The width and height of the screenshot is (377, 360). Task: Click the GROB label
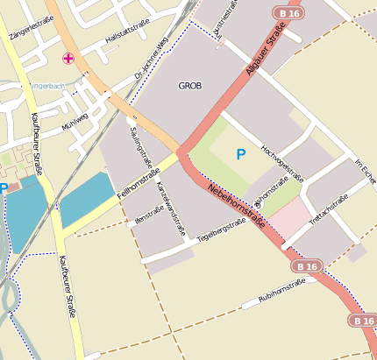(x=189, y=86)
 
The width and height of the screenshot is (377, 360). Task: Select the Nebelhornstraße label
(x=236, y=209)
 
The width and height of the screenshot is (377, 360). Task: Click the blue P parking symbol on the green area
(x=241, y=155)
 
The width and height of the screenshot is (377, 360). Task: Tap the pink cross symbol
(x=68, y=59)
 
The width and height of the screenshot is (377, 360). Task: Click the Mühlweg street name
(x=75, y=122)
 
